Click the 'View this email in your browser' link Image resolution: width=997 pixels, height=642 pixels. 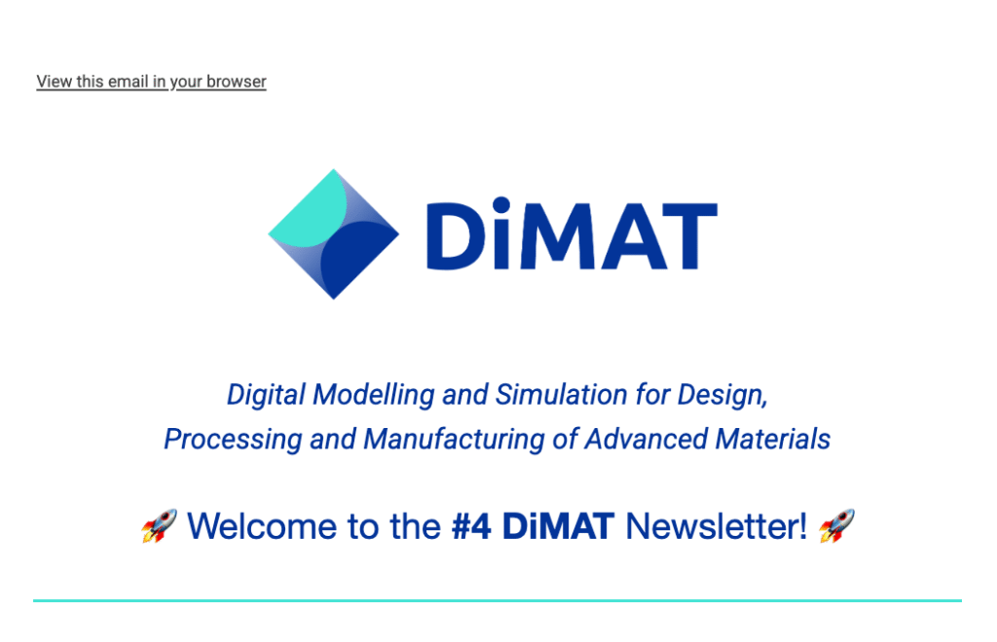151,82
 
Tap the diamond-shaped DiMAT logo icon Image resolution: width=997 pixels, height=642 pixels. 334,233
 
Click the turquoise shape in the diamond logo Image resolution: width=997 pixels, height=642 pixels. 308,209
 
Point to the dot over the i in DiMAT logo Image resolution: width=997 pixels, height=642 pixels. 501,204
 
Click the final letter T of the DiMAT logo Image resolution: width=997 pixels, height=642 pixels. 689,235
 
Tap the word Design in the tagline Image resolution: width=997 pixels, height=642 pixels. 723,395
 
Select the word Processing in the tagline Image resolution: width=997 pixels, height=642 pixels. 233,440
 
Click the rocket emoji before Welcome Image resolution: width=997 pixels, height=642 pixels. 159,526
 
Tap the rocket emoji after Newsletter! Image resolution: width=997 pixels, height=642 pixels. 836,526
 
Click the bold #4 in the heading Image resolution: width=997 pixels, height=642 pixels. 471,526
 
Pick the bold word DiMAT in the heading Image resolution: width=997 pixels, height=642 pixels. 559,526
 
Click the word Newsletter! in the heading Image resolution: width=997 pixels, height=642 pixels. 717,526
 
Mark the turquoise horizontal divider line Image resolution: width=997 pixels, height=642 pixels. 498,600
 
